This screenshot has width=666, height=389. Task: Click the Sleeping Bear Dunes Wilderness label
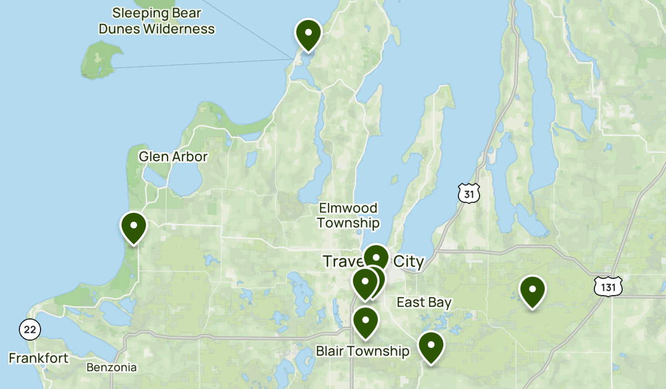click(157, 21)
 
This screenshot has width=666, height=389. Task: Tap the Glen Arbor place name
click(173, 157)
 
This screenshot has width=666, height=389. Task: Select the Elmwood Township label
click(349, 216)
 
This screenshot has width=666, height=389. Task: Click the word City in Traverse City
click(408, 261)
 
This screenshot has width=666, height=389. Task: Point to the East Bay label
click(423, 302)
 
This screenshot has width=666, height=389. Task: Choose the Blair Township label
click(362, 351)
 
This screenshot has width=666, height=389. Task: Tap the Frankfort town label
click(39, 358)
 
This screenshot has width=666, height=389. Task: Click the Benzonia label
click(112, 367)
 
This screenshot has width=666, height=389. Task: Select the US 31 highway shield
click(468, 192)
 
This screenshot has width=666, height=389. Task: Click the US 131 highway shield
click(608, 286)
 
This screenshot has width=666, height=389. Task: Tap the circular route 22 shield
click(29, 330)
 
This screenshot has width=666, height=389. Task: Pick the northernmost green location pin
click(309, 34)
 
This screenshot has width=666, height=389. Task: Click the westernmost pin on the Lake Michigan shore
click(134, 227)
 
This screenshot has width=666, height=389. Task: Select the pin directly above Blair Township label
click(365, 322)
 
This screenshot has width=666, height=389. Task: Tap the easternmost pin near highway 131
click(532, 291)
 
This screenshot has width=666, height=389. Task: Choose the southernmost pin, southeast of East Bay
click(431, 347)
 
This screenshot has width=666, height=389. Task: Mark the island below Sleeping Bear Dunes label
click(100, 58)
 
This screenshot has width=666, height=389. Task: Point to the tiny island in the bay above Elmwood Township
click(395, 179)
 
